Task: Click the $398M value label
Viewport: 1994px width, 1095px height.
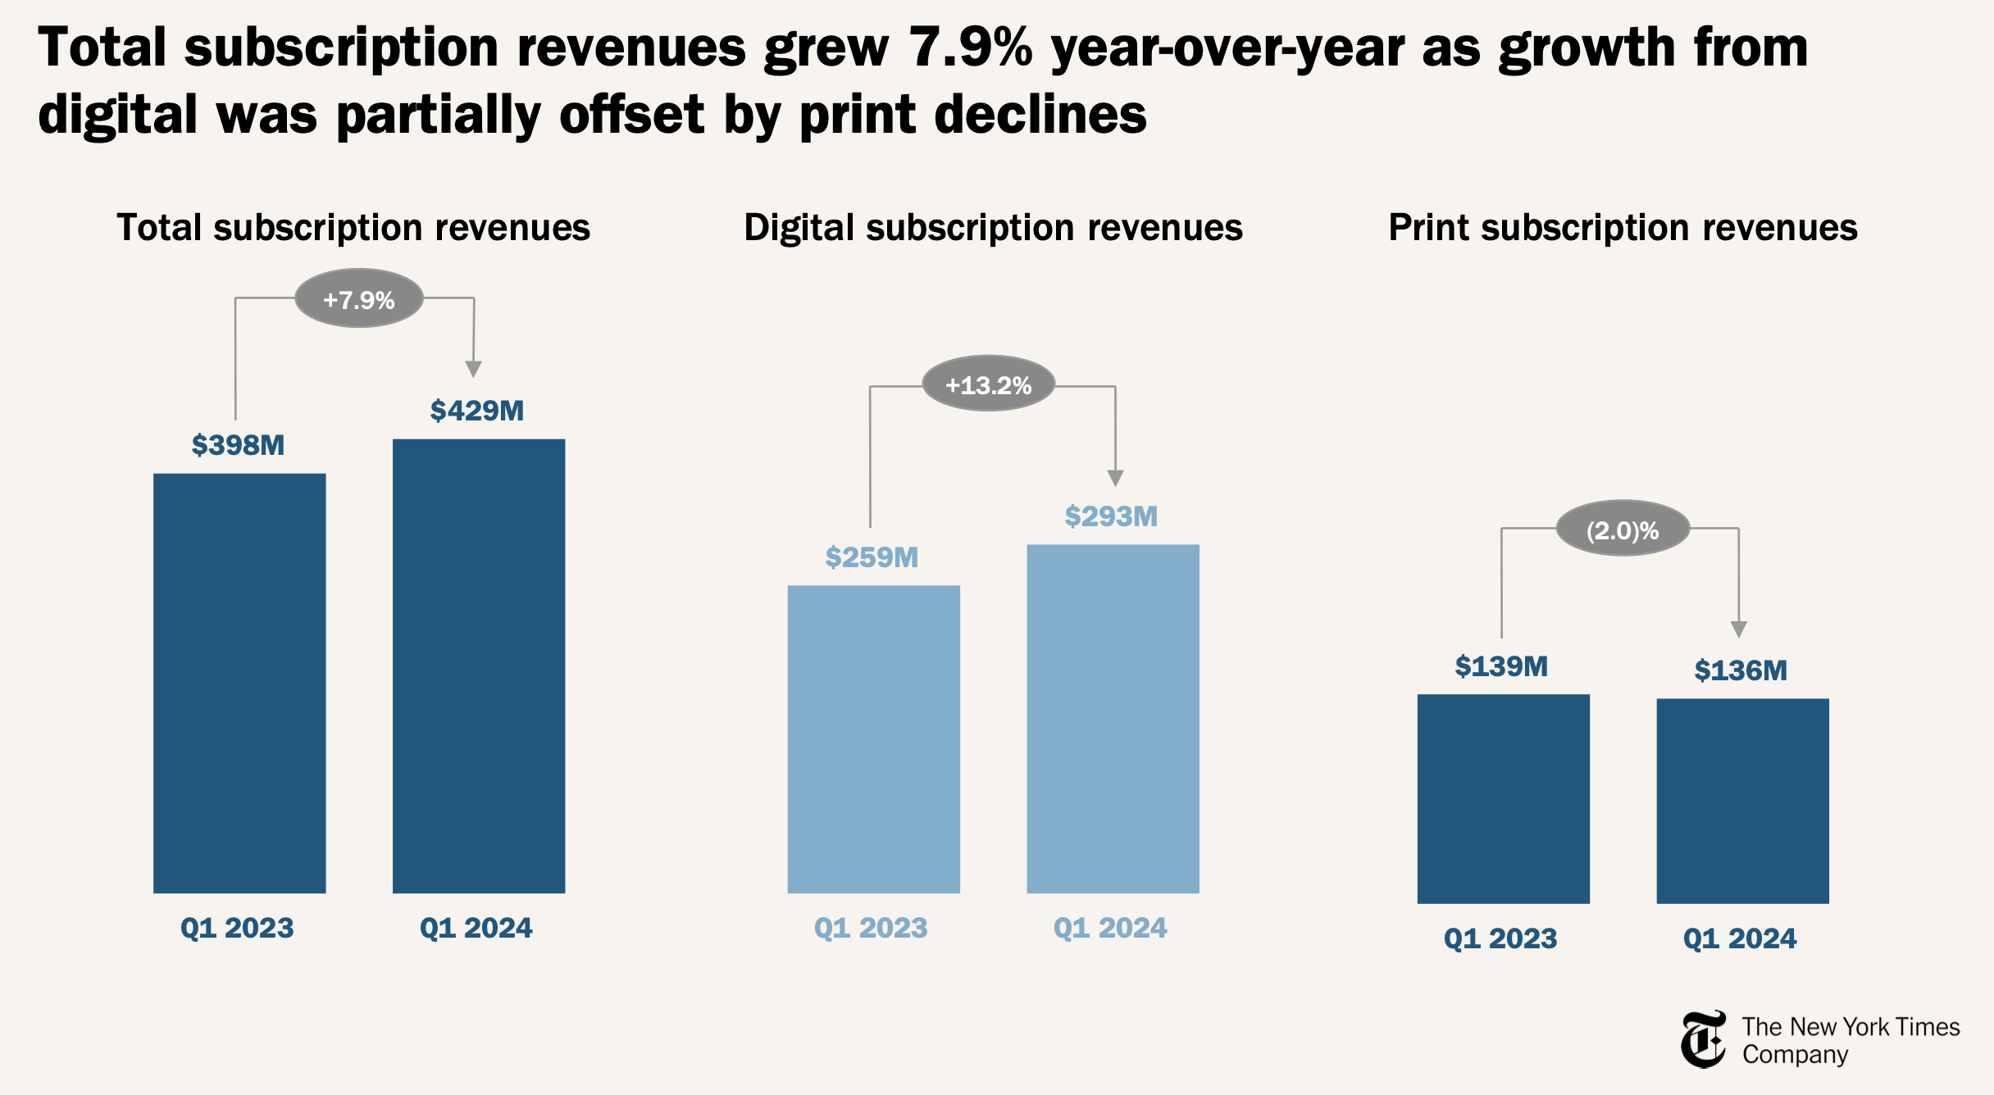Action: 238,445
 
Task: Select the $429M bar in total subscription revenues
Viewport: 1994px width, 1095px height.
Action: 479,666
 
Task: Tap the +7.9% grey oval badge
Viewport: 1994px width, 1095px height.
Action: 359,299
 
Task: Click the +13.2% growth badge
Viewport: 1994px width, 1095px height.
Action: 988,384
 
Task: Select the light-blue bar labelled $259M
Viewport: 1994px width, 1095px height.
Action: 873,738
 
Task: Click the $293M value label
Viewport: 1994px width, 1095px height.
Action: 1111,516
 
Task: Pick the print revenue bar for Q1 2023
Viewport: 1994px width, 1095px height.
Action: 1503,798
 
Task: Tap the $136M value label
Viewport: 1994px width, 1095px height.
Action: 1741,670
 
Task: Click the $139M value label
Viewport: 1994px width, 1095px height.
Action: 1501,666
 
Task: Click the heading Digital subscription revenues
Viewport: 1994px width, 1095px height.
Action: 993,228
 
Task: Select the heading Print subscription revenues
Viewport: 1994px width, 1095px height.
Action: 1623,228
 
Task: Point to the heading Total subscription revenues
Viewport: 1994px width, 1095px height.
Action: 353,228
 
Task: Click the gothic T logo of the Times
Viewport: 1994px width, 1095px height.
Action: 1703,1039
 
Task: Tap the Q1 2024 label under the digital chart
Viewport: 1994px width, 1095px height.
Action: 1110,928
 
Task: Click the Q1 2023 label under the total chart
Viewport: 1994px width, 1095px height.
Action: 237,928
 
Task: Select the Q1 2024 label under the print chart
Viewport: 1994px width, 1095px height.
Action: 1740,938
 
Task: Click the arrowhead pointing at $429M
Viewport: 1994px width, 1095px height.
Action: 473,369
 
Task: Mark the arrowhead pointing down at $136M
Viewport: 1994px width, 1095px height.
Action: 1738,629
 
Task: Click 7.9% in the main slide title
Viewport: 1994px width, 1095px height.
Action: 971,48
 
